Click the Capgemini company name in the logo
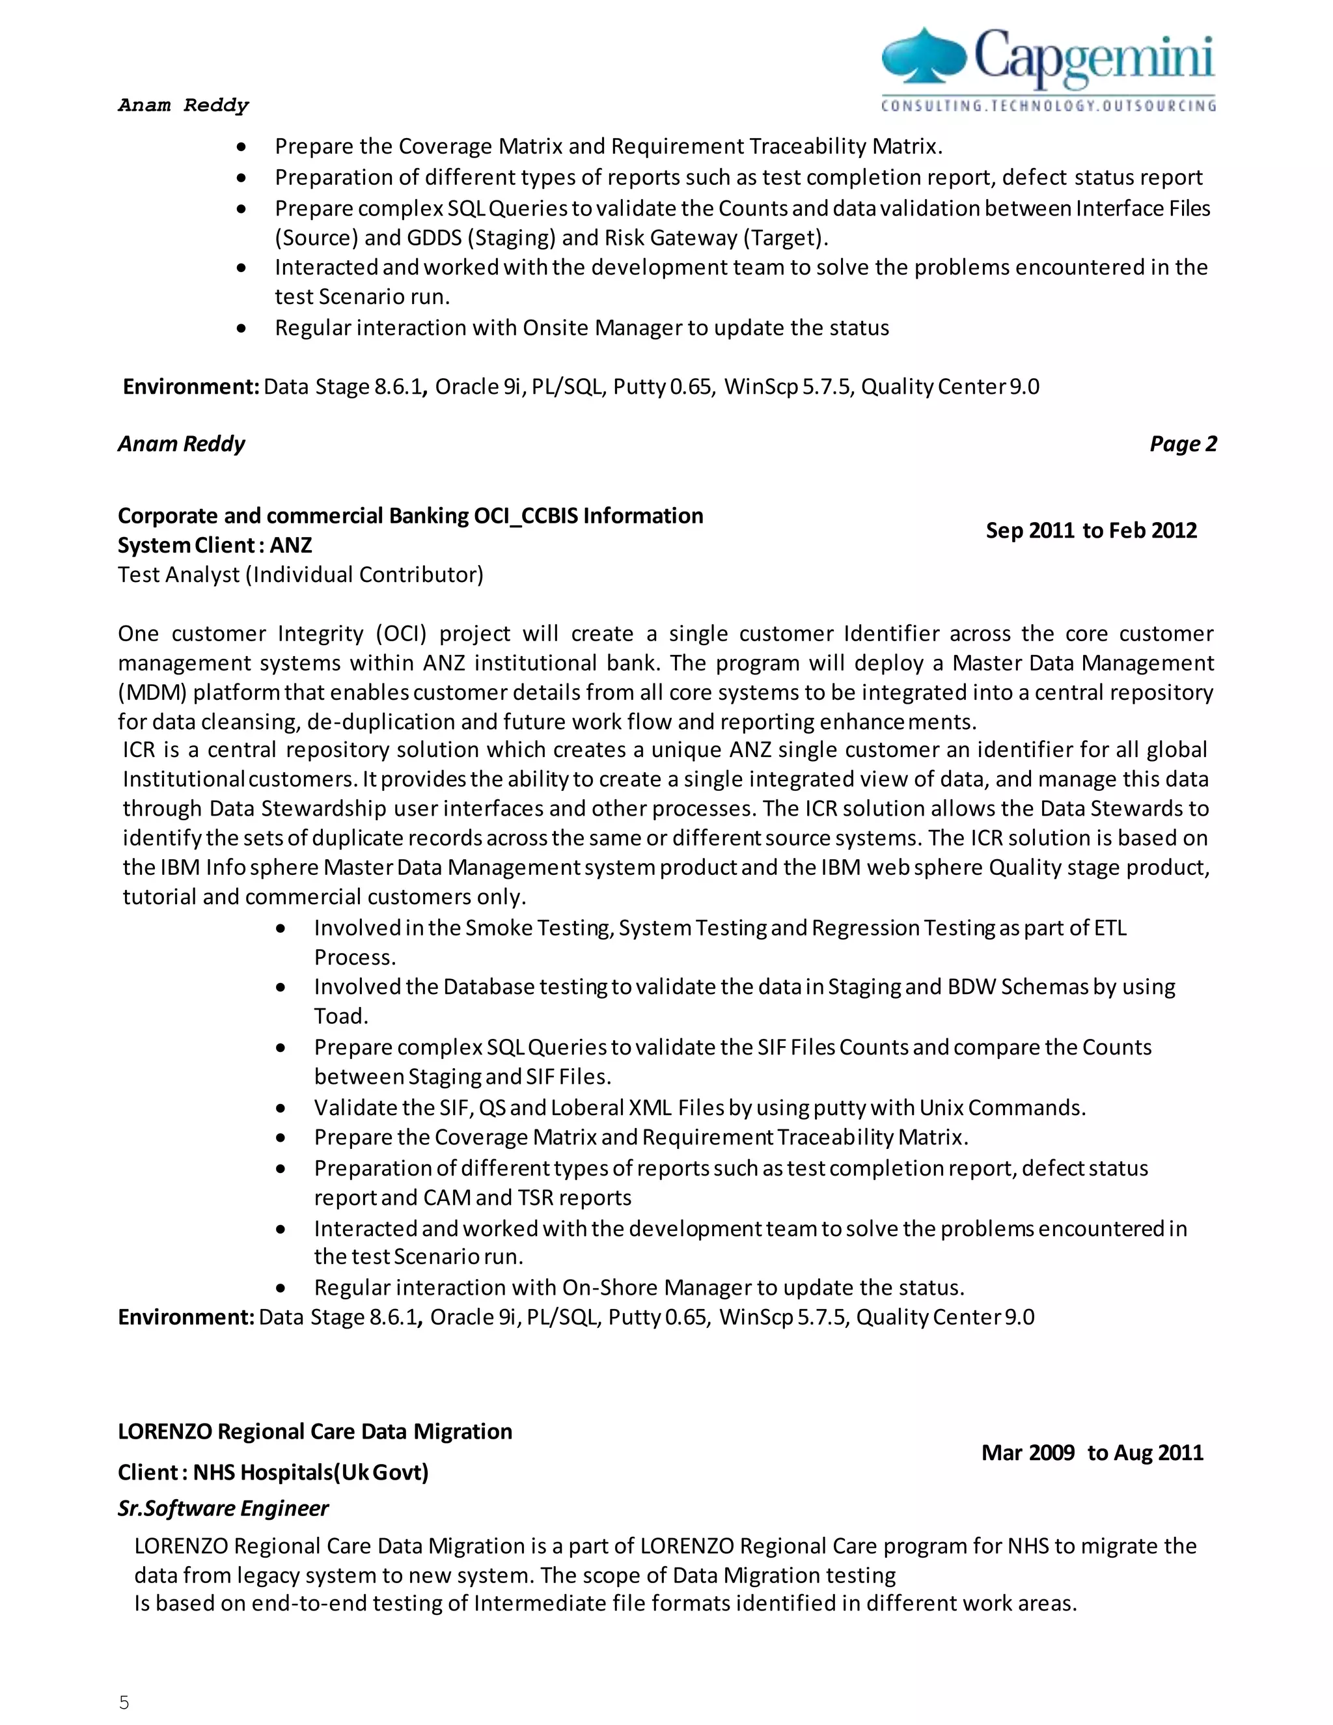point(1093,57)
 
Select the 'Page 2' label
point(1182,444)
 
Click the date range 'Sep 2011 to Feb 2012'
point(1091,530)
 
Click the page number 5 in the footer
point(124,1703)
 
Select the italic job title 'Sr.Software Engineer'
point(223,1509)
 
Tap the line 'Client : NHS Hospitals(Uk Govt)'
point(273,1472)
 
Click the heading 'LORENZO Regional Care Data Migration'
point(314,1431)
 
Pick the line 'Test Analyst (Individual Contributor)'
point(300,574)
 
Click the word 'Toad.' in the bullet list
point(340,1017)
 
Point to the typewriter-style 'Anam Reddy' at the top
point(183,105)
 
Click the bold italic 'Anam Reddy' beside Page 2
point(181,444)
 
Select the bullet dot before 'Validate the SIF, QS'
point(281,1108)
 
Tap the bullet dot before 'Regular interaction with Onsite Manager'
point(241,328)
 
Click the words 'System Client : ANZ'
point(215,545)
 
